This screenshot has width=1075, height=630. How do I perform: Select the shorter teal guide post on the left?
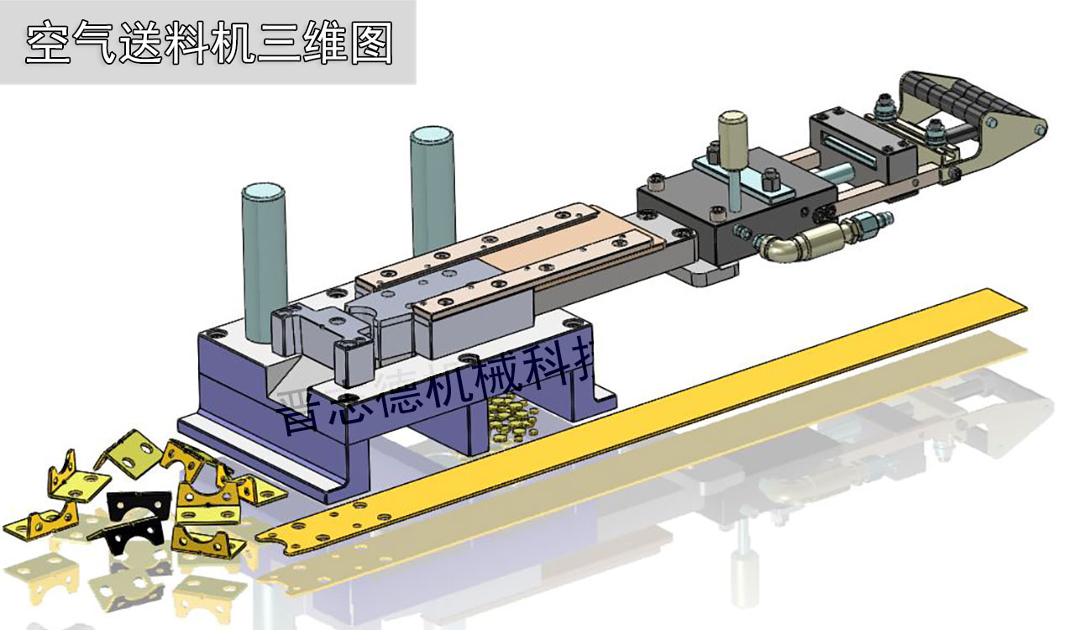coord(264,260)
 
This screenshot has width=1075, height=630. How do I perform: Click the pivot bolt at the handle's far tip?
coord(1040,129)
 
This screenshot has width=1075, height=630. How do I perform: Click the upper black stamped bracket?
coord(139,505)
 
